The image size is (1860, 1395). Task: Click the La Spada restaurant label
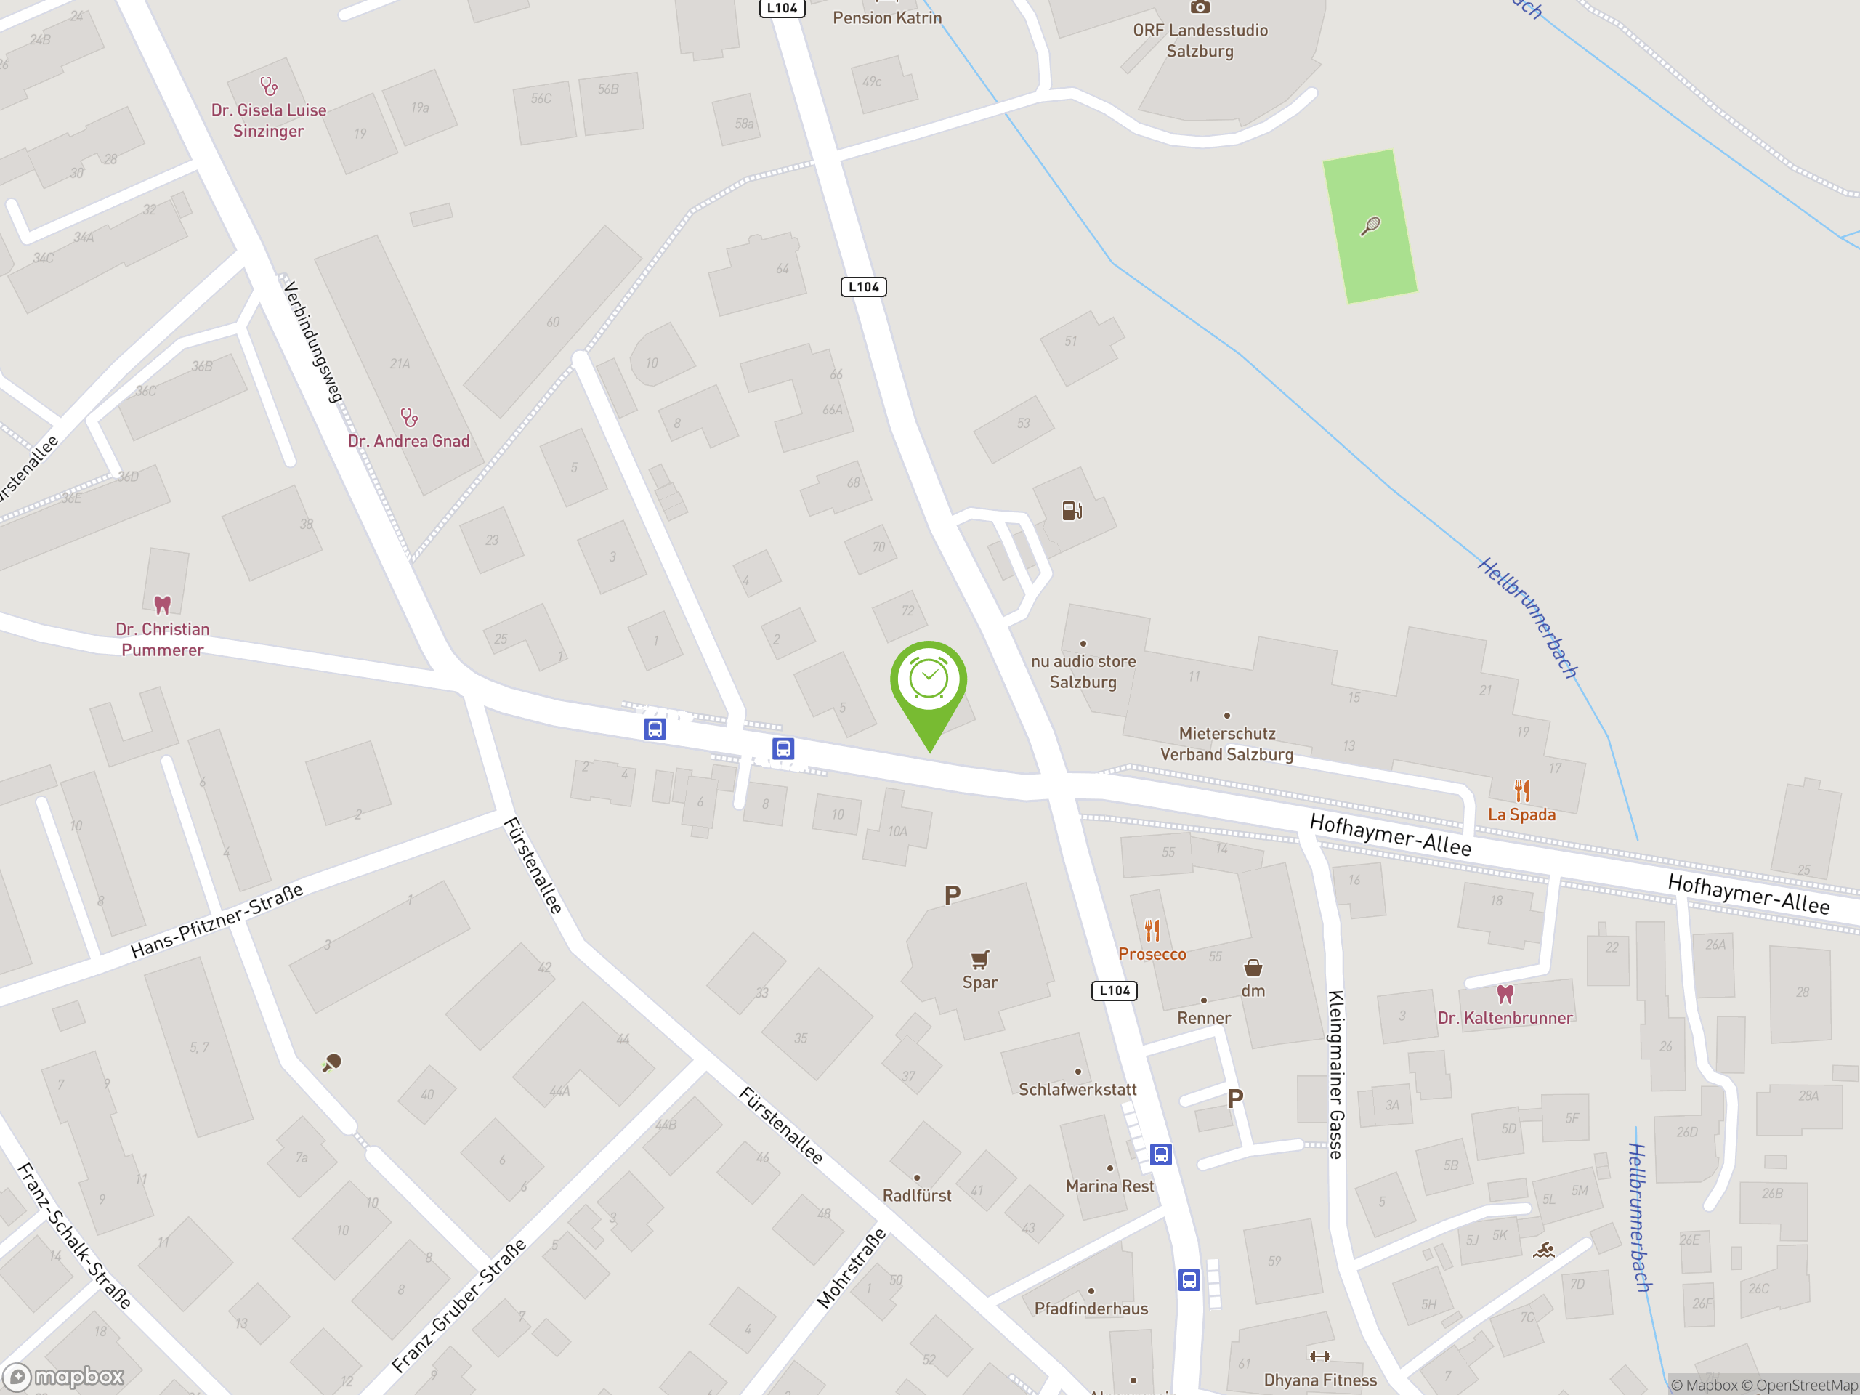click(1521, 814)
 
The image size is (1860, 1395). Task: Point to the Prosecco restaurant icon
click(1152, 931)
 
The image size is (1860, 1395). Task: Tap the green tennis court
click(1369, 226)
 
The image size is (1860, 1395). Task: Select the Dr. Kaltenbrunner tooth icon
click(1505, 994)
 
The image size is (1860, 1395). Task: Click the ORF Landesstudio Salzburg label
click(1200, 41)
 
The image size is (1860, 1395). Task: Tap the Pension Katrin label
click(887, 17)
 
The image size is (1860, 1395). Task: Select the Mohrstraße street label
click(851, 1268)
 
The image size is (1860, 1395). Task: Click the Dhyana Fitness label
click(1320, 1380)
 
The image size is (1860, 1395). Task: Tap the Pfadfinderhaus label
click(1091, 1309)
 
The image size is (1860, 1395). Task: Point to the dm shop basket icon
click(1253, 968)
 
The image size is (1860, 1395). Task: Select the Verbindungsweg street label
click(313, 342)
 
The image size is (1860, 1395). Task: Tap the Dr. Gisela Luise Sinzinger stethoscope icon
click(268, 86)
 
